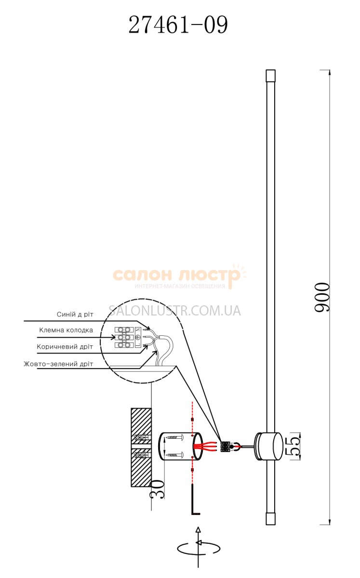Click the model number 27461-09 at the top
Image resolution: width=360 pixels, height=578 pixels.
(x=178, y=26)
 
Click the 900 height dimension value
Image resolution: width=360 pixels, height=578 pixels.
(x=322, y=298)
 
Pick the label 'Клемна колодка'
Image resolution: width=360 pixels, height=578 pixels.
(x=66, y=330)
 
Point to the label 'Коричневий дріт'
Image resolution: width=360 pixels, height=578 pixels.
(x=65, y=346)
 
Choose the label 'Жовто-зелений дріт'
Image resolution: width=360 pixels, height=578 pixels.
(x=58, y=364)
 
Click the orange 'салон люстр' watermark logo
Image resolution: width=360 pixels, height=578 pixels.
(x=176, y=276)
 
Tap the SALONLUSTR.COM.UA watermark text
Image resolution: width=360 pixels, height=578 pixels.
(x=174, y=311)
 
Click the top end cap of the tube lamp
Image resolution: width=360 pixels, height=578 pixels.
(x=270, y=76)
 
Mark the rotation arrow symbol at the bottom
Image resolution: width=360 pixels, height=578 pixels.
(x=198, y=548)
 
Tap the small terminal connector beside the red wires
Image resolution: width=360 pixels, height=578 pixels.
(x=225, y=447)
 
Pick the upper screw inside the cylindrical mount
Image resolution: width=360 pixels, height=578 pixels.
(x=174, y=439)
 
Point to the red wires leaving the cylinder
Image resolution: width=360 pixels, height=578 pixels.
(x=207, y=447)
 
